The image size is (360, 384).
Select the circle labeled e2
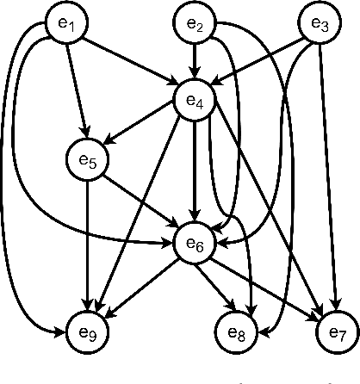pyautogui.click(x=196, y=27)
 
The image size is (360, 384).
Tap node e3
pyautogui.click(x=320, y=27)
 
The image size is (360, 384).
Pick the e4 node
pyautogui.click(x=196, y=100)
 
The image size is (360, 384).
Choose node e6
pyautogui.click(x=196, y=244)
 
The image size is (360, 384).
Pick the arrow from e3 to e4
pyautogui.click(x=258, y=63)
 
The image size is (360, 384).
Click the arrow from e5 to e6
pyautogui.click(x=141, y=201)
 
